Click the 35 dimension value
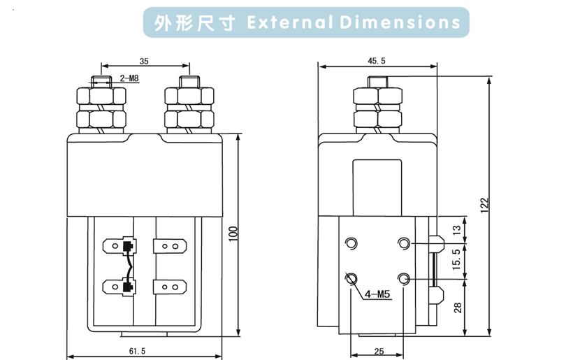[143, 61]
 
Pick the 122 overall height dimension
[484, 203]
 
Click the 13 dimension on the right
[457, 229]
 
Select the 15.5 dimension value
[457, 261]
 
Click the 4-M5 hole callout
[377, 294]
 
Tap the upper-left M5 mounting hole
[352, 243]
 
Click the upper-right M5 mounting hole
[403, 243]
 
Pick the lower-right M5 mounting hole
[403, 279]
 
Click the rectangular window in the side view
[377, 186]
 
